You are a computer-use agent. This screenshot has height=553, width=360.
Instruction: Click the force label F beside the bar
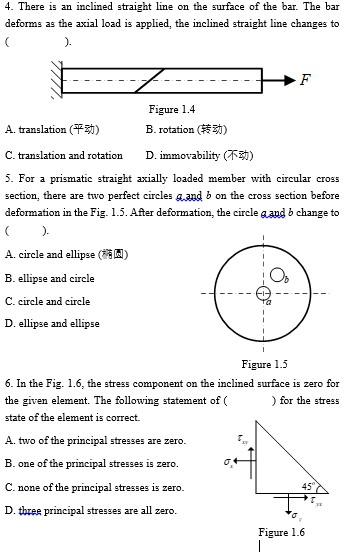305,80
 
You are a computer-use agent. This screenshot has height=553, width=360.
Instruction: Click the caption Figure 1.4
171,109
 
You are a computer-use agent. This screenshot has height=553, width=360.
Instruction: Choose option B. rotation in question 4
186,130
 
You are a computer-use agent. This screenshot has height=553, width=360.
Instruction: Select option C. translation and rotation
64,155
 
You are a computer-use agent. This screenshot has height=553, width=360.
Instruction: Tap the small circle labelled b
277,275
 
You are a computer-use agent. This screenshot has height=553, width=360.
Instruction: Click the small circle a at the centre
263,294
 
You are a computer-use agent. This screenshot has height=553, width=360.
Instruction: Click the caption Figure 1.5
264,364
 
